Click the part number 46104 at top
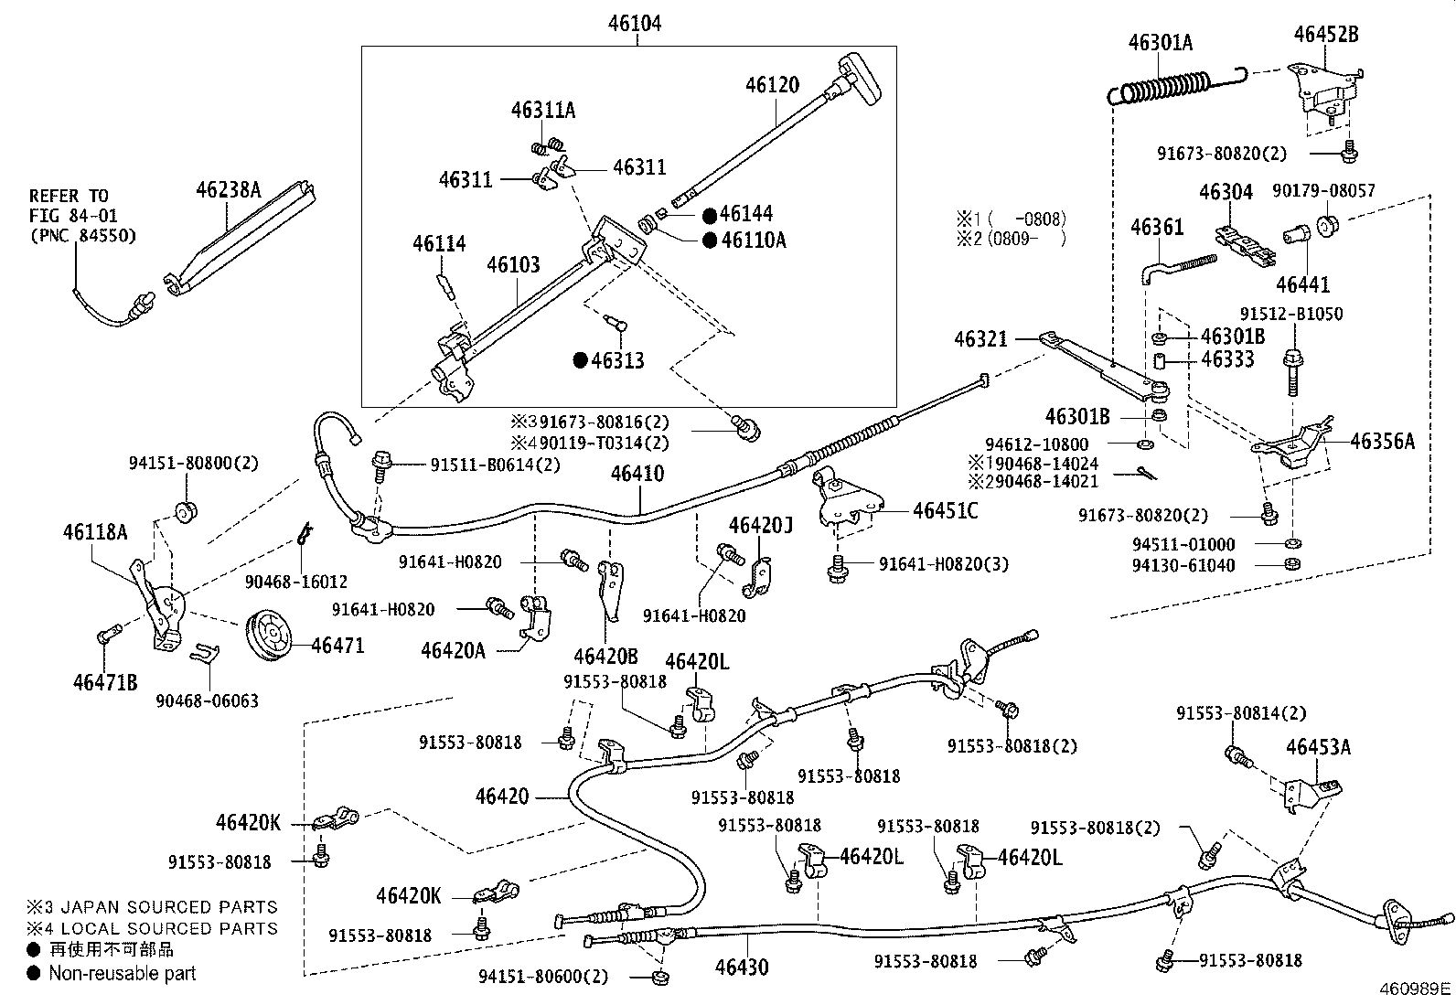(x=634, y=24)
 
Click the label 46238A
(x=228, y=190)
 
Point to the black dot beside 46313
(x=579, y=360)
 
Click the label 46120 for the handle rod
(x=772, y=86)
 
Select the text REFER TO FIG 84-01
(x=70, y=206)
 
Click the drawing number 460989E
(x=1415, y=989)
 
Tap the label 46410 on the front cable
(x=637, y=474)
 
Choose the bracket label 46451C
(x=945, y=510)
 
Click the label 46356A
(x=1382, y=442)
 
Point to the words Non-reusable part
(x=123, y=974)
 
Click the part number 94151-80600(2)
(x=542, y=976)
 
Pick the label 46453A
(x=1318, y=746)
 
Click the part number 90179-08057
(x=1323, y=191)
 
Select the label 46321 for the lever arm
(x=980, y=339)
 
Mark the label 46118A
(x=95, y=531)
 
